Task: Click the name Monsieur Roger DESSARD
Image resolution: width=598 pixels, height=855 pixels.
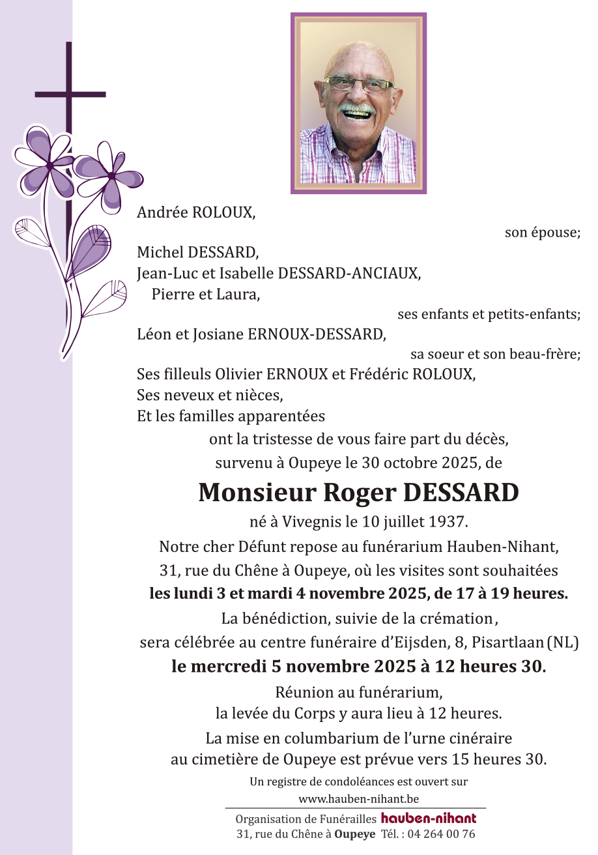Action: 358,493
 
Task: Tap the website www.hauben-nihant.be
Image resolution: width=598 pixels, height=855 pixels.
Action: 358,798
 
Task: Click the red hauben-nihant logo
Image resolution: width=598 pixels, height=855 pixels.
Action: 429,819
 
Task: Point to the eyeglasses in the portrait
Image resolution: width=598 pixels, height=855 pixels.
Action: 359,84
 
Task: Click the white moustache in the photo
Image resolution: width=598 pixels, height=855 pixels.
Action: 357,108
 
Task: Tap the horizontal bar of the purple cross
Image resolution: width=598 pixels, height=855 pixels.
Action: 70,95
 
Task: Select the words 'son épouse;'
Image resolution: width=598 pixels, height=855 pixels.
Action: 542,233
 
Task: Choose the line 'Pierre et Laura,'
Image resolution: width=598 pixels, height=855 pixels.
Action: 206,294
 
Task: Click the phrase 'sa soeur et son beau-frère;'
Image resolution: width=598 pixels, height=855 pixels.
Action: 495,355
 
